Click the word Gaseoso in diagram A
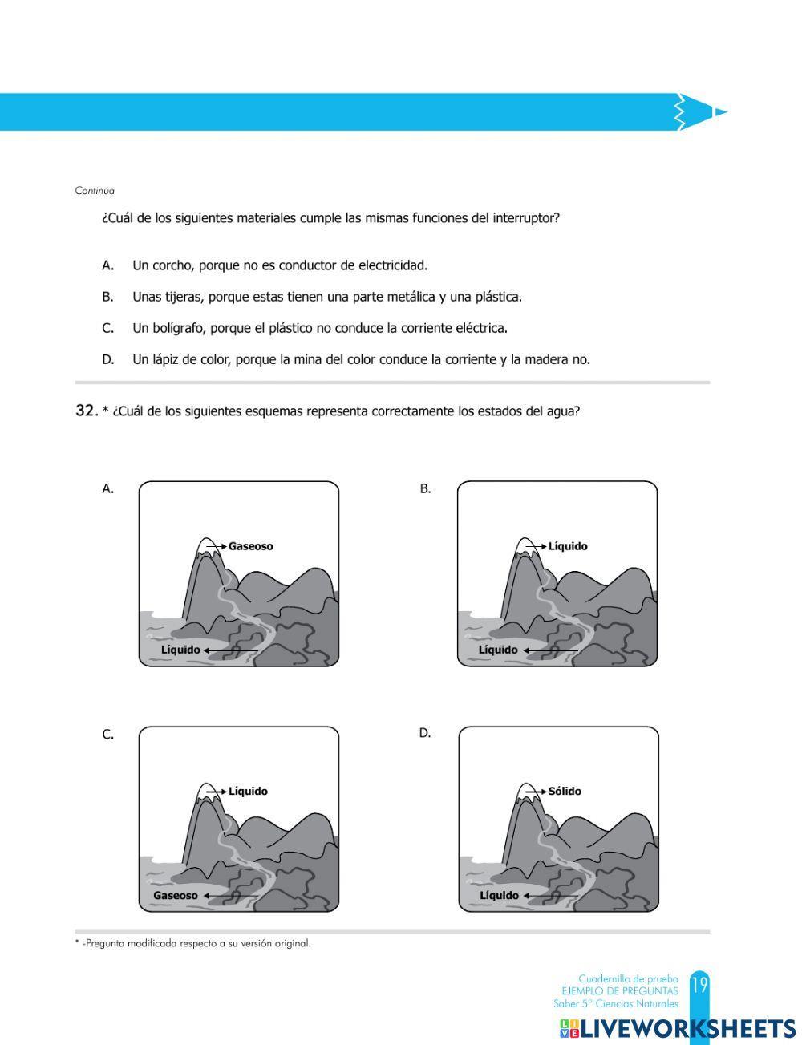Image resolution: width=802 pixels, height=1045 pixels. [250, 546]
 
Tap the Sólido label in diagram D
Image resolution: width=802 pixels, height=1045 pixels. [565, 791]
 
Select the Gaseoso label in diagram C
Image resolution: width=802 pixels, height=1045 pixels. [175, 895]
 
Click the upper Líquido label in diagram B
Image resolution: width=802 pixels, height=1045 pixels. [568, 546]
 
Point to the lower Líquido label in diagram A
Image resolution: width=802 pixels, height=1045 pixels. [180, 650]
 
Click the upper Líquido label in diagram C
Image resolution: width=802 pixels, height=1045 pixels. [248, 791]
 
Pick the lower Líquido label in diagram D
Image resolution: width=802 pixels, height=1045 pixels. [499, 895]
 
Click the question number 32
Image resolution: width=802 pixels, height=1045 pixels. [85, 411]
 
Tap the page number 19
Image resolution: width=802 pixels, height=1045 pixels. [699, 986]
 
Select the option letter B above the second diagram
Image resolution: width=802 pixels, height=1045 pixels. [425, 488]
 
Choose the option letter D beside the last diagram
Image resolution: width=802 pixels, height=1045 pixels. [425, 733]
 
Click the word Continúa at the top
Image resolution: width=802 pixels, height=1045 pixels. [95, 191]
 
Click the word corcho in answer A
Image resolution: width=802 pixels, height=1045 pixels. [172, 265]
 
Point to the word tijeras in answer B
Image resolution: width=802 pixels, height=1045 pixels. [185, 297]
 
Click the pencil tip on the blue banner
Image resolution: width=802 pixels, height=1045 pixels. [719, 112]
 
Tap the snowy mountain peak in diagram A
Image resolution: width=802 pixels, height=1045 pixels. [206, 545]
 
